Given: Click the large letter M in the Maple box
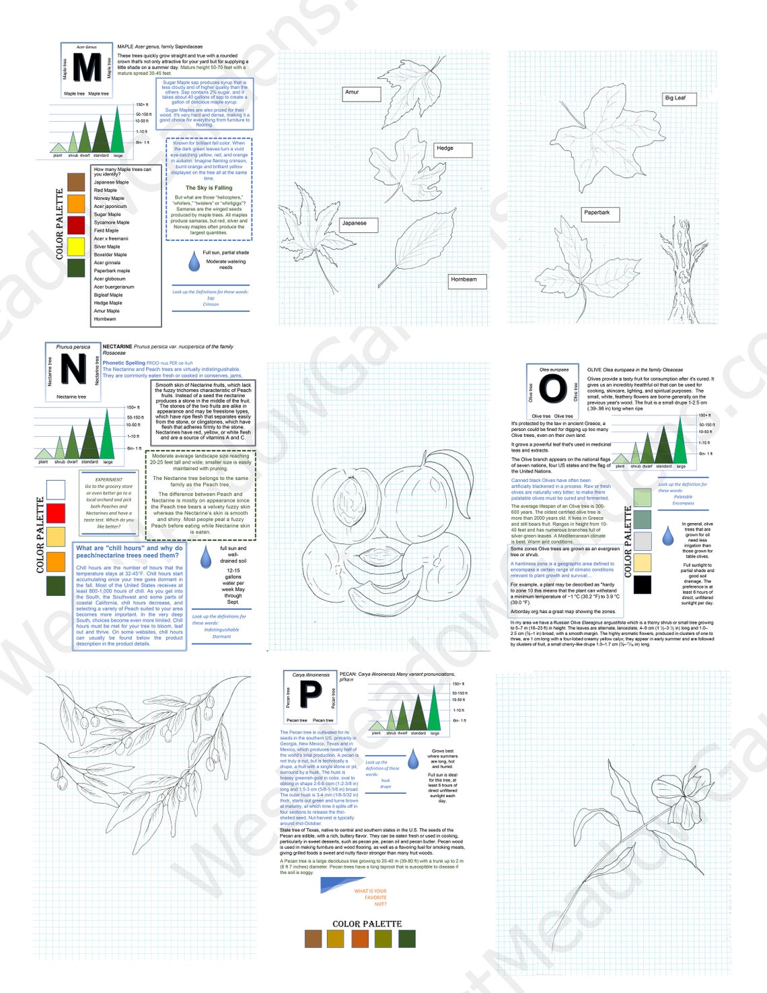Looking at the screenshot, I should pyautogui.click(x=87, y=67).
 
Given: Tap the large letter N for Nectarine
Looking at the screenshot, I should pyautogui.click(x=73, y=370).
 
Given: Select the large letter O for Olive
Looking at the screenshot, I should pyautogui.click(x=553, y=388).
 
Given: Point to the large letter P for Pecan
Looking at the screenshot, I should pyautogui.click(x=310, y=695).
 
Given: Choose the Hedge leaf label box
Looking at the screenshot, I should pyautogui.click(x=452, y=149).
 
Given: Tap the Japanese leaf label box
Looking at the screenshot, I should pyautogui.click(x=363, y=224).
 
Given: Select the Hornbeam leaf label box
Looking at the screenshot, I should pyautogui.click(x=467, y=280).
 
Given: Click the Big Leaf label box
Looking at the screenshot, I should pyautogui.click(x=678, y=98).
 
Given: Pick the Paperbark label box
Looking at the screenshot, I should pyautogui.click(x=600, y=213).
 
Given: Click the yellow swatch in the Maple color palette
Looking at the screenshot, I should pyautogui.click(x=76, y=246).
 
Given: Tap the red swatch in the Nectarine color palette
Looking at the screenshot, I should pyautogui.click(x=56, y=513).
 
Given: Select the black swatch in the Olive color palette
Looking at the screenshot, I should pyautogui.click(x=643, y=584).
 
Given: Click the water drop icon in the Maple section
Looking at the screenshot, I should pyautogui.click(x=194, y=261).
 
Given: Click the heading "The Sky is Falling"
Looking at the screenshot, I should pyautogui.click(x=209, y=189).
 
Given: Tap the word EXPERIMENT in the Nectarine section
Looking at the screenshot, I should pyautogui.click(x=109, y=479).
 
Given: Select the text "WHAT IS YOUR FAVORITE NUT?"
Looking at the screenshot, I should pyautogui.click(x=371, y=897).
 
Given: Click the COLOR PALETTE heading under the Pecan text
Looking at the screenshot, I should pyautogui.click(x=367, y=924).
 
